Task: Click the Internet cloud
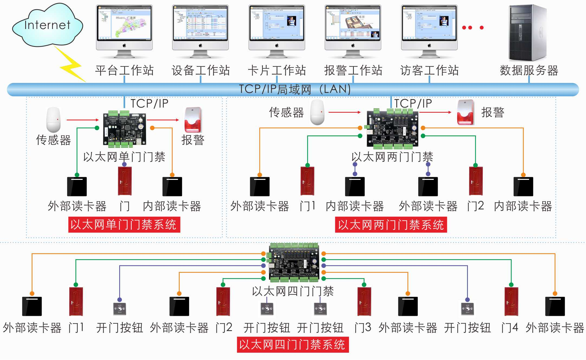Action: [x=47, y=26]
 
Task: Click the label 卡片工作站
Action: [x=277, y=70]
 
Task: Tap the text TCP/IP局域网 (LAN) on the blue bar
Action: [x=295, y=89]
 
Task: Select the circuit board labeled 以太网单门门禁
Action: [x=124, y=129]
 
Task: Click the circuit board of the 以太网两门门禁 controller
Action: [x=392, y=129]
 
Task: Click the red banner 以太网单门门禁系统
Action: [x=124, y=225]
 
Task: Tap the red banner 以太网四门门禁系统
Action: [x=293, y=345]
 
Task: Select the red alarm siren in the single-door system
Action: [x=193, y=120]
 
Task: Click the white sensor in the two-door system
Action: [x=317, y=112]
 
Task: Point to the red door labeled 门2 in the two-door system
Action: [x=476, y=181]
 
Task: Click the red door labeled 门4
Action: [x=511, y=301]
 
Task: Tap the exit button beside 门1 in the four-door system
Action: [x=119, y=309]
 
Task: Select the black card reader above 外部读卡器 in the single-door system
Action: [x=77, y=186]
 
